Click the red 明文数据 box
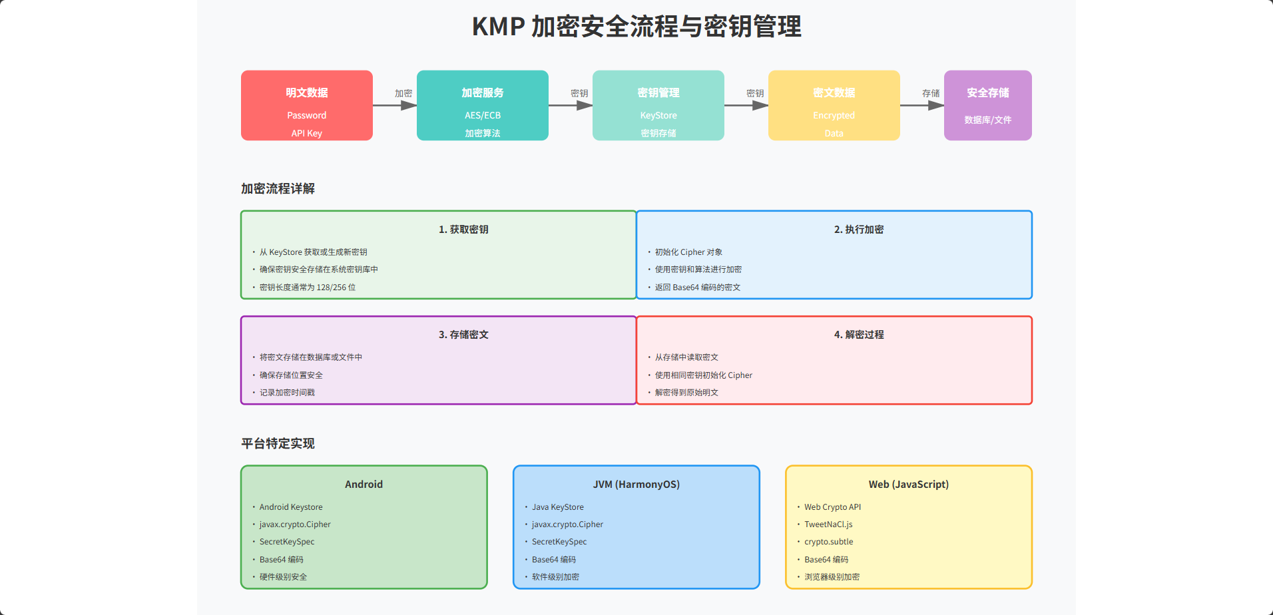[306, 104]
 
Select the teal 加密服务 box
[482, 104]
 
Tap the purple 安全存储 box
[987, 104]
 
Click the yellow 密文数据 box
[834, 104]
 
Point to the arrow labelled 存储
[922, 105]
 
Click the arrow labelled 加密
[395, 105]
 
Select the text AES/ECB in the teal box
[482, 115]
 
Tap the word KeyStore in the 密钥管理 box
[658, 115]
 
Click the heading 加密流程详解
[278, 188]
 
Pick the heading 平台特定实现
[278, 443]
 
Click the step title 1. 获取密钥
[463, 229]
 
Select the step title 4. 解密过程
[859, 334]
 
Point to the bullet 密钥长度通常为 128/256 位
[307, 287]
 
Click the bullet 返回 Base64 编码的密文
[697, 287]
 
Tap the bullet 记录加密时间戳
[287, 392]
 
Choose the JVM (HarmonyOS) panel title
[636, 484]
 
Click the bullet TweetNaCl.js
[828, 524]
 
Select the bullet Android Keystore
[290, 507]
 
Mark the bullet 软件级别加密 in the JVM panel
[555, 576]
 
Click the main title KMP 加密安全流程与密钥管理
[636, 27]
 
